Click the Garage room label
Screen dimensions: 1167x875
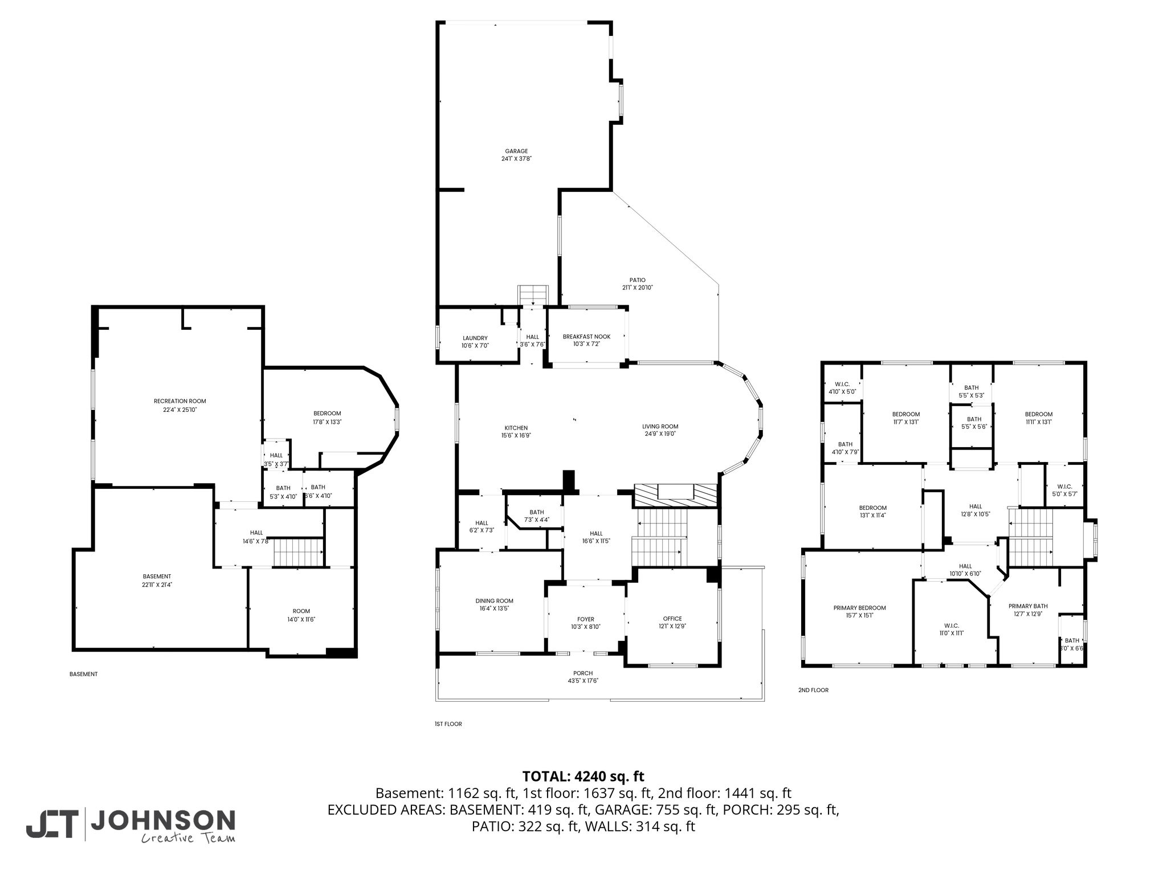(516, 151)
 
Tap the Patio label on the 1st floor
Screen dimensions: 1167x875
(637, 280)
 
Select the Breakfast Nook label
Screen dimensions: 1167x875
(586, 337)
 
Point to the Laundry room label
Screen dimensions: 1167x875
(475, 338)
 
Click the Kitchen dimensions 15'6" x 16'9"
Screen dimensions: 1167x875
(516, 436)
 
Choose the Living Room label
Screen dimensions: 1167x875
(660, 426)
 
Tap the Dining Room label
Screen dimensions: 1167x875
(494, 600)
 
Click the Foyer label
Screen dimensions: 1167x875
(585, 619)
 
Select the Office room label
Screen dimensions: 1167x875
(672, 619)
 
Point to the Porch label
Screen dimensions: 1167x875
(583, 673)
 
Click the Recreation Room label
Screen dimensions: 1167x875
(179, 401)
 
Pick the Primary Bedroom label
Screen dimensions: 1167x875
(859, 608)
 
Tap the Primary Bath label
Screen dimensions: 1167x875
(1028, 606)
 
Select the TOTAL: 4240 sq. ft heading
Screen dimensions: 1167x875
(583, 776)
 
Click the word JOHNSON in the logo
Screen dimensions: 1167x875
(163, 820)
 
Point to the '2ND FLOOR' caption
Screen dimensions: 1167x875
(813, 690)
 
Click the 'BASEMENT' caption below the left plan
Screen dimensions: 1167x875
(84, 674)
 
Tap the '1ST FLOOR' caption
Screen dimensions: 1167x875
(448, 724)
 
